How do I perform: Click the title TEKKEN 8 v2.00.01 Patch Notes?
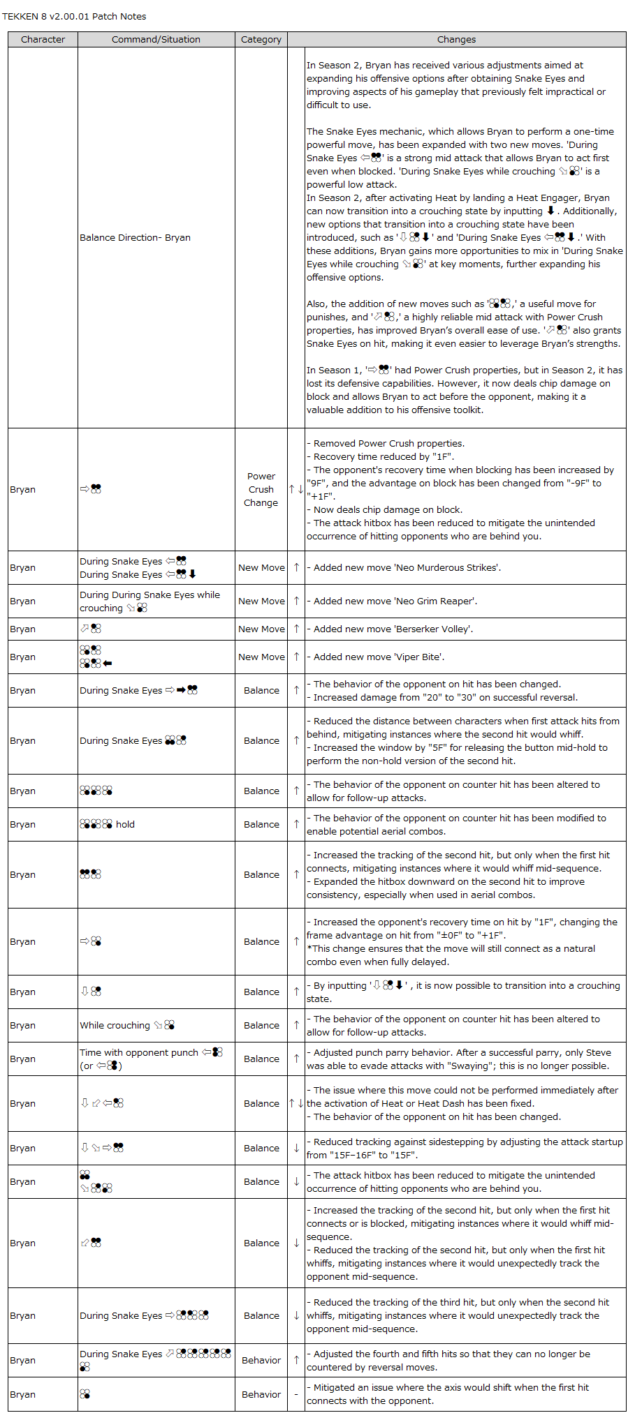click(74, 16)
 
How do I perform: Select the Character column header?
click(43, 40)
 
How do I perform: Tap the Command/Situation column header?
click(156, 40)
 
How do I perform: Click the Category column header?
click(261, 40)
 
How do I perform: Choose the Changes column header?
click(456, 40)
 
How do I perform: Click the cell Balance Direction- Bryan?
click(135, 238)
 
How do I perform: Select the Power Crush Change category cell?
click(261, 489)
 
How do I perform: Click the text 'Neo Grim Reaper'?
click(436, 601)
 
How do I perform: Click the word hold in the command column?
click(125, 825)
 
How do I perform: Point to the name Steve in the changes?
click(598, 1053)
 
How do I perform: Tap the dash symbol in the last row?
click(296, 1395)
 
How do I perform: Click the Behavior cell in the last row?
click(261, 1395)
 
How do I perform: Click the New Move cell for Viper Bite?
click(261, 657)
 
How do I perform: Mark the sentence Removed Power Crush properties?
click(388, 444)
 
